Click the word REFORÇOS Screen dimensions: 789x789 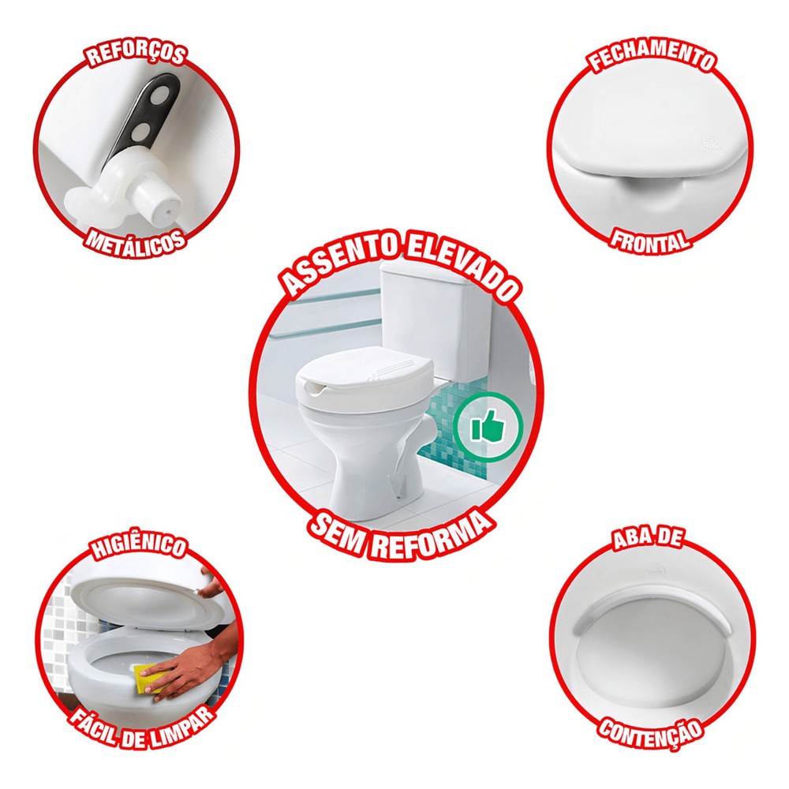point(136,54)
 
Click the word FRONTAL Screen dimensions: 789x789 point(649,241)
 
